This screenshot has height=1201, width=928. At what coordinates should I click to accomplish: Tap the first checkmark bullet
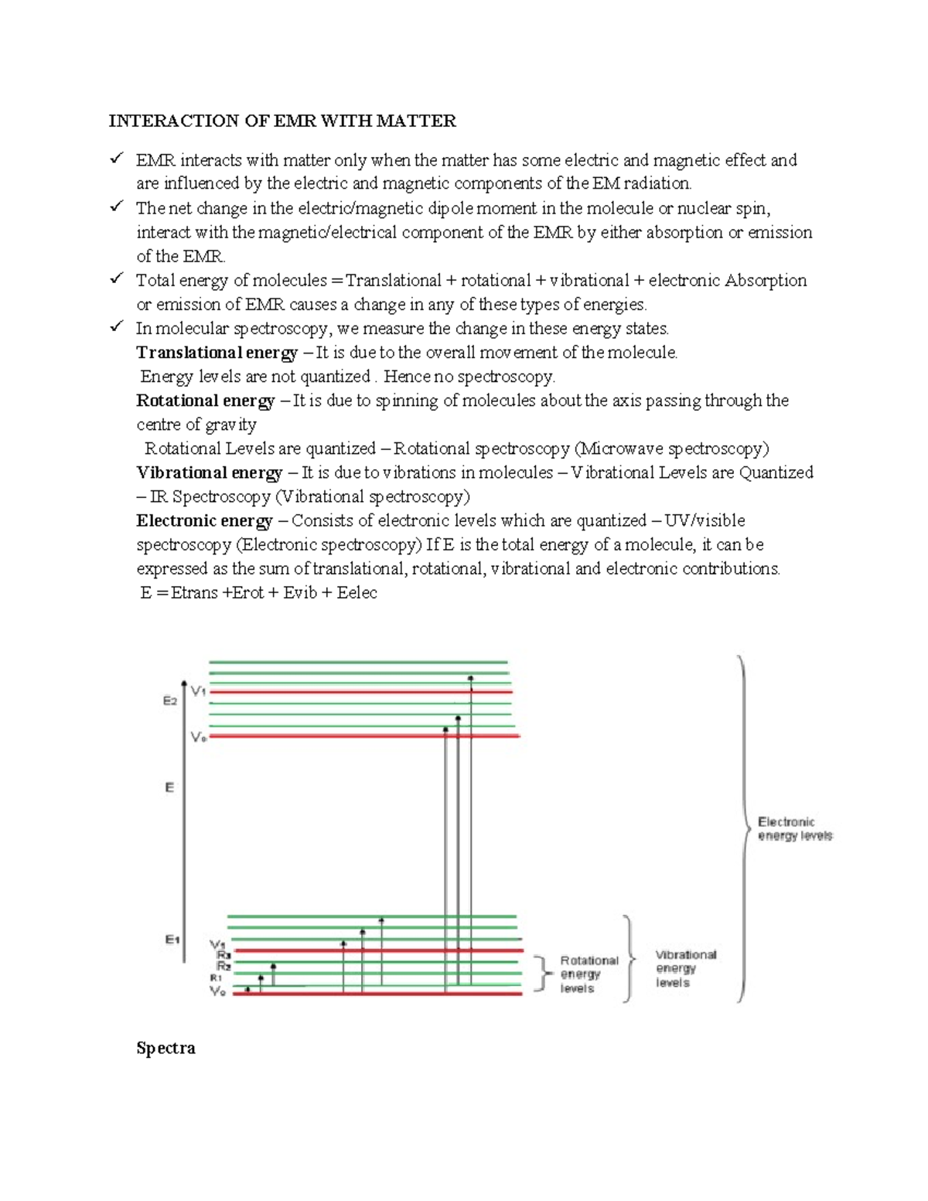pos(117,159)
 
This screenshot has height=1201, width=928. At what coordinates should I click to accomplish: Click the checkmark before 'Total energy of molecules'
pos(117,278)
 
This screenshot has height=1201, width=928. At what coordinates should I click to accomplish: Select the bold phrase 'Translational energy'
pos(217,353)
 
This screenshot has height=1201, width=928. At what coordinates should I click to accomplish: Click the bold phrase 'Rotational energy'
pos(205,401)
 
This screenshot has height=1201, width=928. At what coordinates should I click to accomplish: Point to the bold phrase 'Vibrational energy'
pos(209,473)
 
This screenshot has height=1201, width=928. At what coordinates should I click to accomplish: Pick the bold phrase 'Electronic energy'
pos(204,520)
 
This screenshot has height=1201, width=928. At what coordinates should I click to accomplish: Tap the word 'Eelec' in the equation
pos(357,593)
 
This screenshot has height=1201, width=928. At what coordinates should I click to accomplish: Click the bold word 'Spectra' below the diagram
pos(165,1049)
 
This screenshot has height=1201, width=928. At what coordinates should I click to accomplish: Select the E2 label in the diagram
pos(170,701)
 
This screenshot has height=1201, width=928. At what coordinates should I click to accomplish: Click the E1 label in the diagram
pos(172,940)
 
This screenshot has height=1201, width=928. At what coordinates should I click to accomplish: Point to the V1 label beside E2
pos(199,691)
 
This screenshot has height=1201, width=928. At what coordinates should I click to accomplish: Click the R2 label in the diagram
pos(223,966)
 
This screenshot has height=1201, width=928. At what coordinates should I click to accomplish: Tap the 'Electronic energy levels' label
pos(794,828)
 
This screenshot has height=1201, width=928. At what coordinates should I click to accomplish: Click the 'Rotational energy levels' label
pos(589,974)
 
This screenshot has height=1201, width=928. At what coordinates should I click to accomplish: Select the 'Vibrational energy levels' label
pos(685,968)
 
